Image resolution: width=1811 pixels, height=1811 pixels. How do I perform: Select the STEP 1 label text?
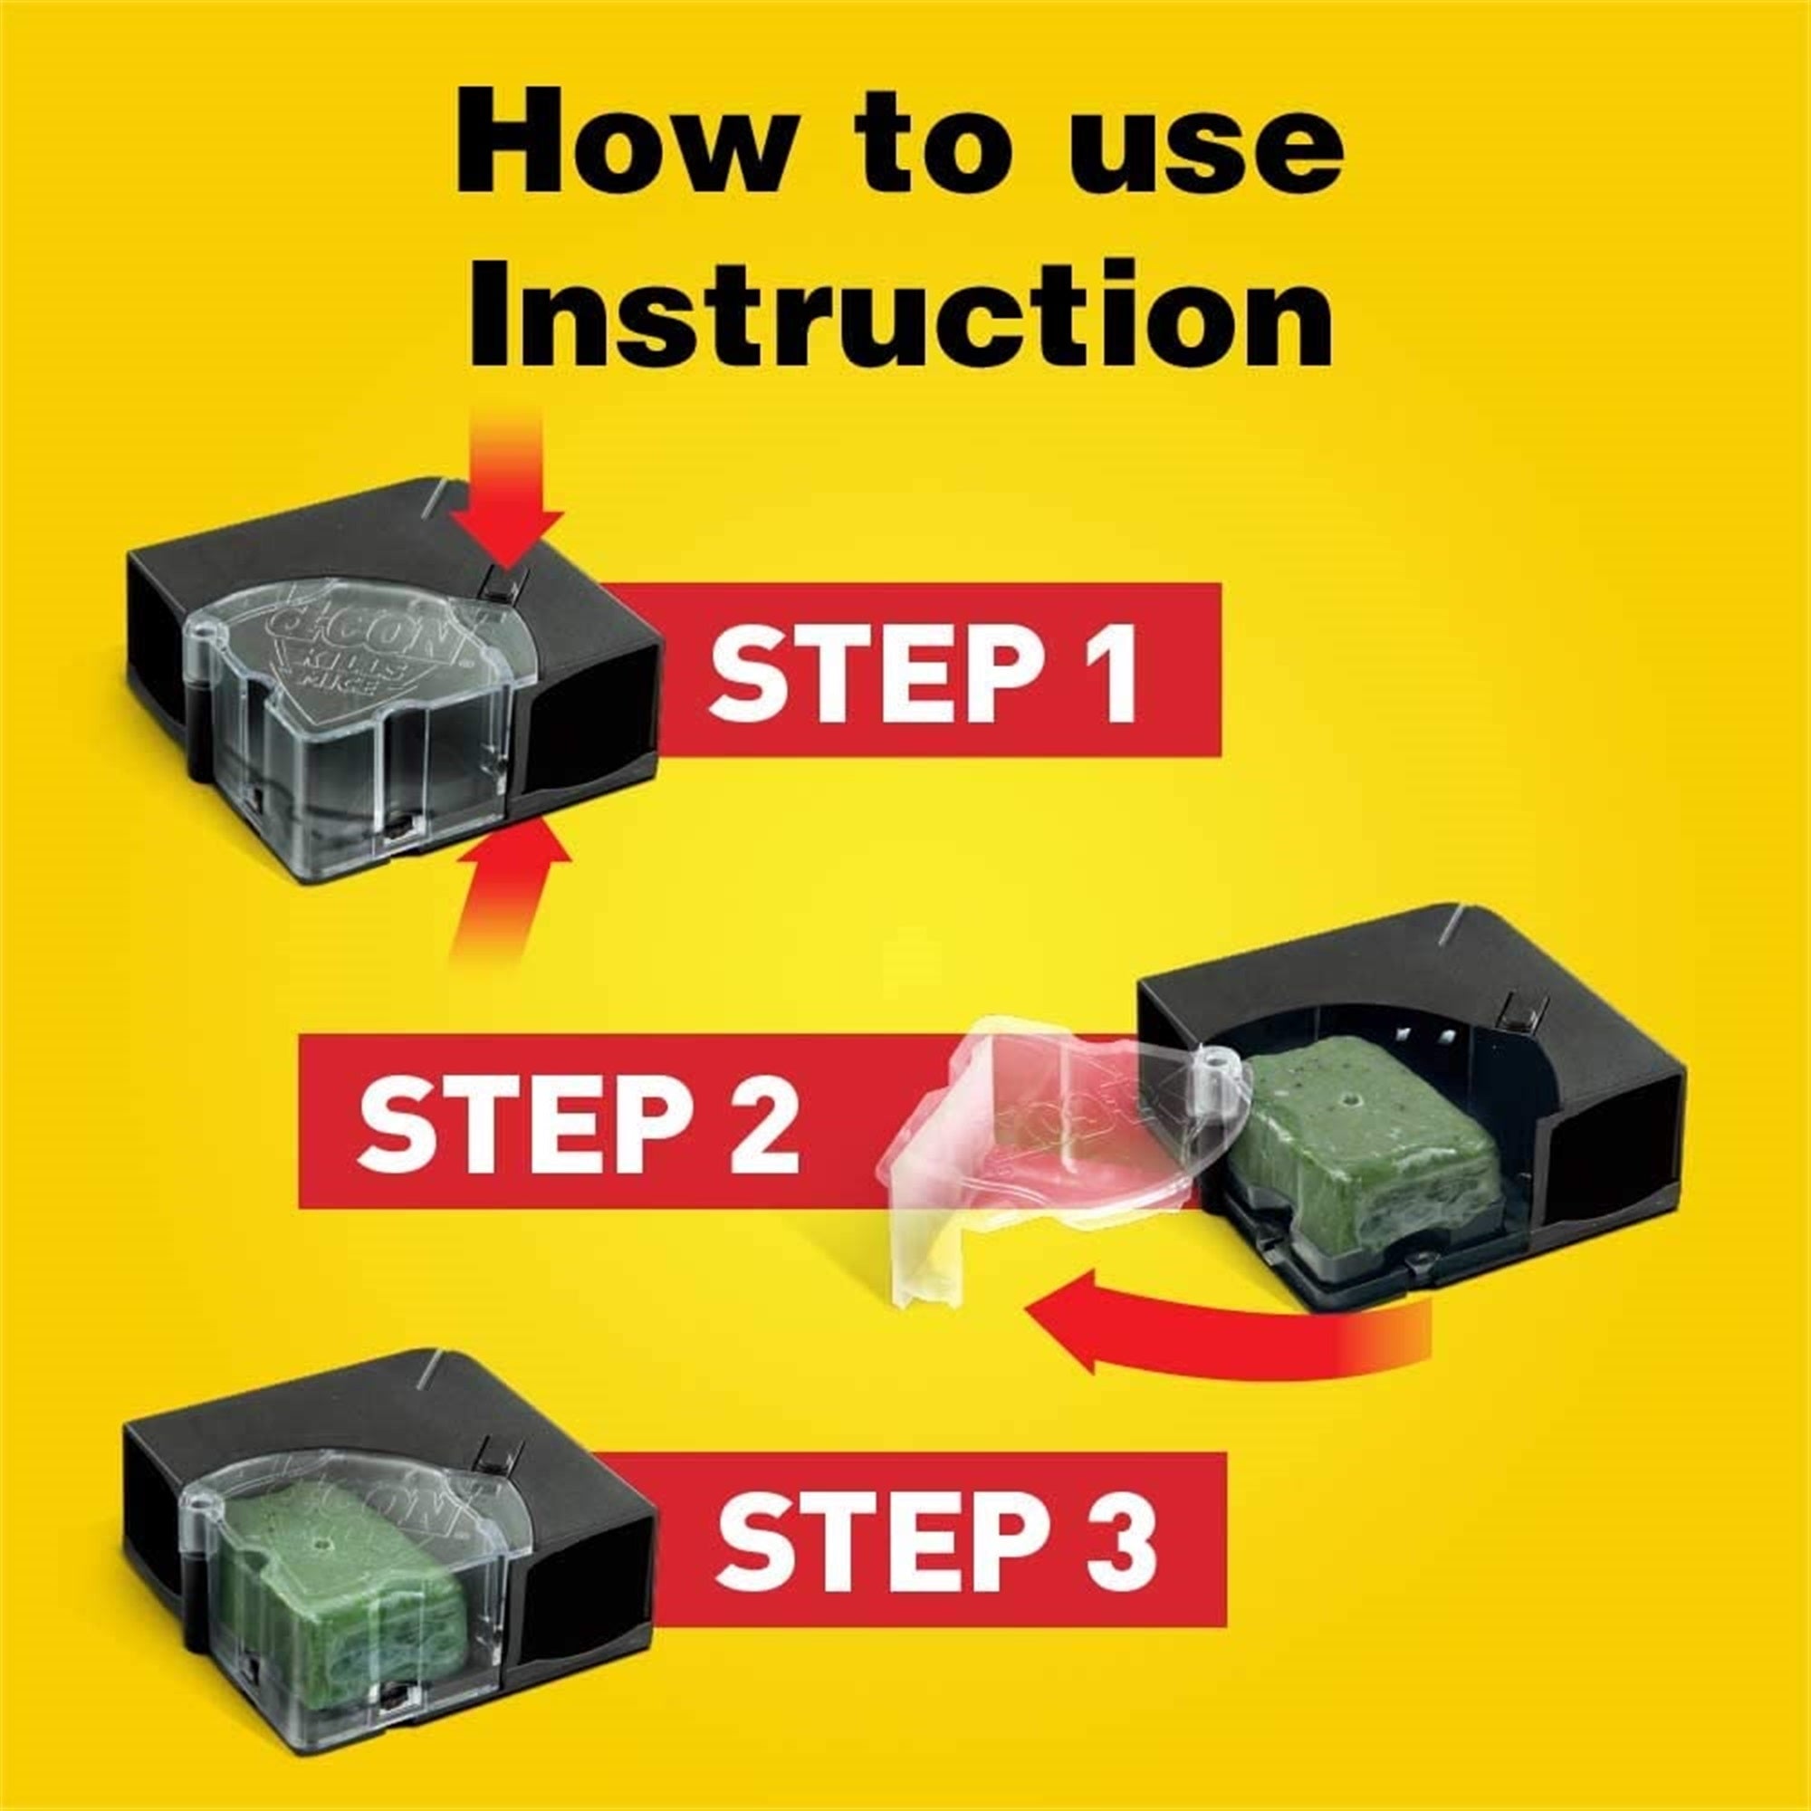924,669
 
